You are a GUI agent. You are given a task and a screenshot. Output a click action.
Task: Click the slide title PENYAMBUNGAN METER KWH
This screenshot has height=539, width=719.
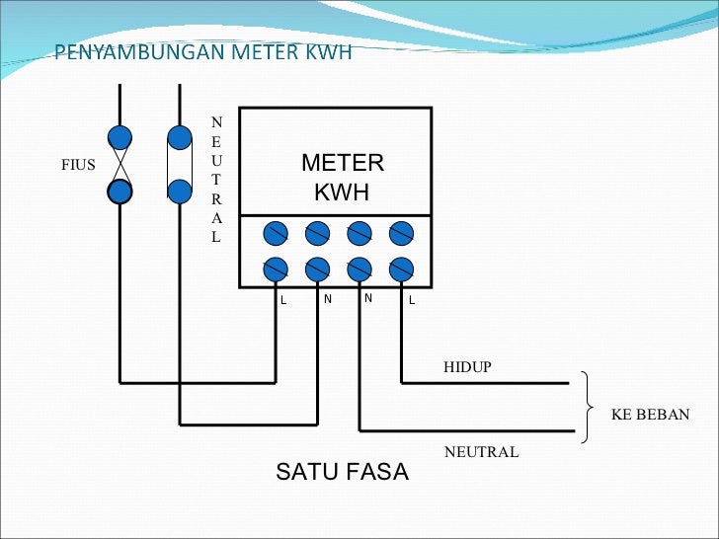[202, 52]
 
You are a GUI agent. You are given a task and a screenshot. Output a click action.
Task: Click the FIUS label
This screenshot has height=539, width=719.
[78, 165]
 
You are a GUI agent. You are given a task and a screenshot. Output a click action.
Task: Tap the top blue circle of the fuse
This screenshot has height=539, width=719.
[120, 136]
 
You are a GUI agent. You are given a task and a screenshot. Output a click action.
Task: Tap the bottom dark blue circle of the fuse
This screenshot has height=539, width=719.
[120, 192]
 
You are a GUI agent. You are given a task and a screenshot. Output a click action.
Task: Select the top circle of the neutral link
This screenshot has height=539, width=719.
[180, 136]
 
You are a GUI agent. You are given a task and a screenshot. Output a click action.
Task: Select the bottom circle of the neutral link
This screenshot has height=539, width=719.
[180, 192]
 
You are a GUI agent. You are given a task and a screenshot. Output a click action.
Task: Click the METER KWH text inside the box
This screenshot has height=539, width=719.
[342, 178]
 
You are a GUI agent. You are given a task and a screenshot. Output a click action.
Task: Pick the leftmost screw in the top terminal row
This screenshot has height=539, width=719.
[276, 233]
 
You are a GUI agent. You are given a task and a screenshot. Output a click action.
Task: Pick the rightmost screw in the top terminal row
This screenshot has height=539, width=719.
[401, 233]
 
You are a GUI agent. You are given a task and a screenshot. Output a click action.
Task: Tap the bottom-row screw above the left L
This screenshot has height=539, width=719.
[276, 269]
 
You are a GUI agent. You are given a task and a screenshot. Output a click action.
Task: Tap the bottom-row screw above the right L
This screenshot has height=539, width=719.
[401, 269]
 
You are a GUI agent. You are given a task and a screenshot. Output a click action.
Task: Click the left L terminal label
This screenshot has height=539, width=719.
[282, 300]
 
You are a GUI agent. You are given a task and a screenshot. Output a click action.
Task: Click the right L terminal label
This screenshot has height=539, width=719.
[412, 300]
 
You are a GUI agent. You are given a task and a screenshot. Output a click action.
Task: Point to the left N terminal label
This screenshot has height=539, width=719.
[327, 298]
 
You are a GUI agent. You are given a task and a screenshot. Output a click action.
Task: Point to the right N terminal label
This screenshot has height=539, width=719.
[367, 298]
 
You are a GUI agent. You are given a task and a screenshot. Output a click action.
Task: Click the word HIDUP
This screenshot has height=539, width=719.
[467, 367]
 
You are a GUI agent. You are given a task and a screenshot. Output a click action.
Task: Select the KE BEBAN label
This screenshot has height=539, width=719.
[650, 415]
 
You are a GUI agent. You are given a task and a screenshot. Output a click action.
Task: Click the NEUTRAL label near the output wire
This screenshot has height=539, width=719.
[481, 452]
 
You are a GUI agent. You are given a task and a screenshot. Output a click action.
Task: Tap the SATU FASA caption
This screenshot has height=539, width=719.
[342, 472]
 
